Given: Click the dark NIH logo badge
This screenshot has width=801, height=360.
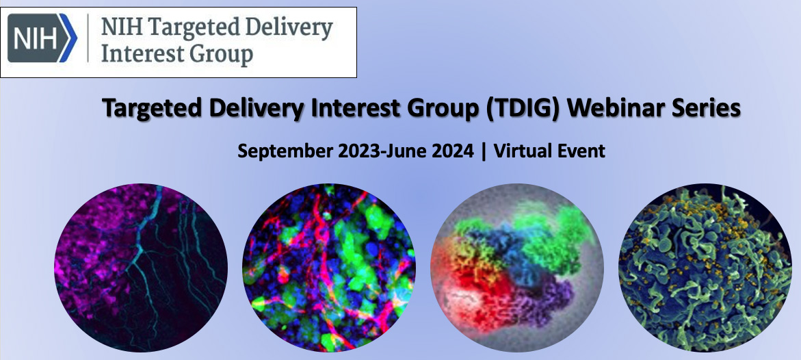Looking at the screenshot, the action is coord(42,38).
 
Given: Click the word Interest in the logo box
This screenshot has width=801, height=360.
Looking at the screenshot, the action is coord(144,53).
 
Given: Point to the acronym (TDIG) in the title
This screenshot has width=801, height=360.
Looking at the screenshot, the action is coord(525,108).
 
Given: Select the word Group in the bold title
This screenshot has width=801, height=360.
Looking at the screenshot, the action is coord(441,109).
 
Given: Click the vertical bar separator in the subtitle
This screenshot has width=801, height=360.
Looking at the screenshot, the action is coord(484,152).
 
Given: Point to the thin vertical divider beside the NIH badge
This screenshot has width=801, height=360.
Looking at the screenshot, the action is coord(88,38).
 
